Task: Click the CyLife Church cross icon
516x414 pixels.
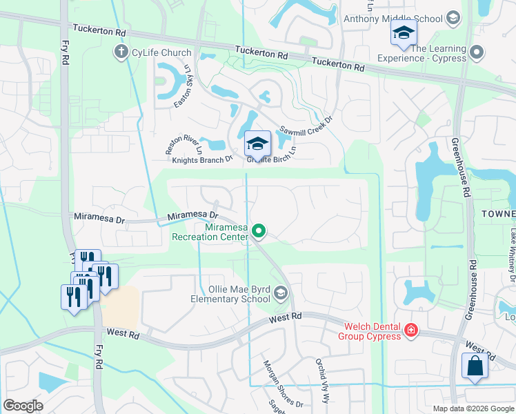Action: [x=121, y=51]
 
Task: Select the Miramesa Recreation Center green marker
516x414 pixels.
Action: [x=259, y=230]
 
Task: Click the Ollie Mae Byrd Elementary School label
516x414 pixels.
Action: [x=229, y=294]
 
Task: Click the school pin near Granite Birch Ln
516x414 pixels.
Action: [x=257, y=144]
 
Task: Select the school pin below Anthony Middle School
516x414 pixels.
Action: [x=404, y=32]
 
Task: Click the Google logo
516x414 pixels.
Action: [x=23, y=406]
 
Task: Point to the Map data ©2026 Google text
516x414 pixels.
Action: [x=473, y=408]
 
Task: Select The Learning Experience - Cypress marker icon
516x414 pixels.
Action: [x=475, y=52]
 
